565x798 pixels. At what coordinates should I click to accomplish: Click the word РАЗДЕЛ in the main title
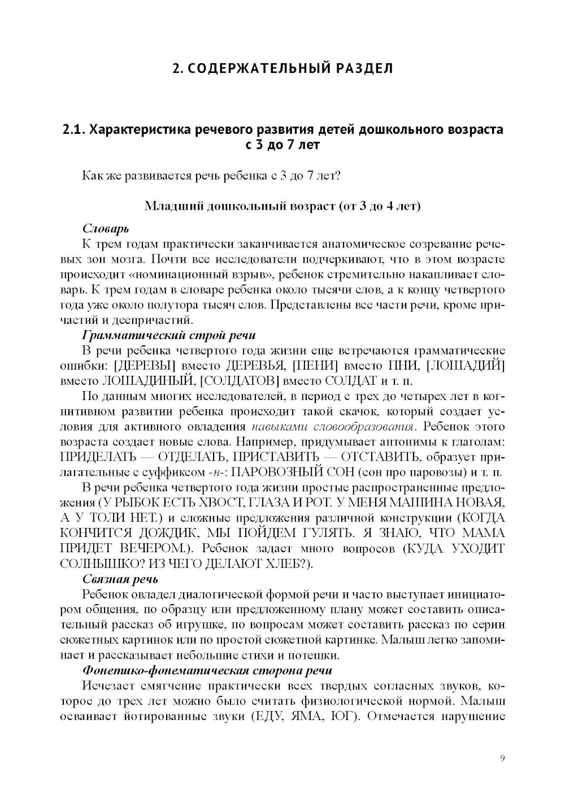[362, 68]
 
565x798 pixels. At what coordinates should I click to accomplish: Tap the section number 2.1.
[74, 129]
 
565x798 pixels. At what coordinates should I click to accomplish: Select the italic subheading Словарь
[106, 228]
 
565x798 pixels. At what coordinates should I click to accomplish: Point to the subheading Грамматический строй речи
[169, 336]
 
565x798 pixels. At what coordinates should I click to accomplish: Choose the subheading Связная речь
[120, 579]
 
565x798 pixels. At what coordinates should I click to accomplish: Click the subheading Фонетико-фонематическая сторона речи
[207, 670]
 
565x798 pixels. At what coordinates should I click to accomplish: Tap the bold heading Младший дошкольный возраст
[240, 206]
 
